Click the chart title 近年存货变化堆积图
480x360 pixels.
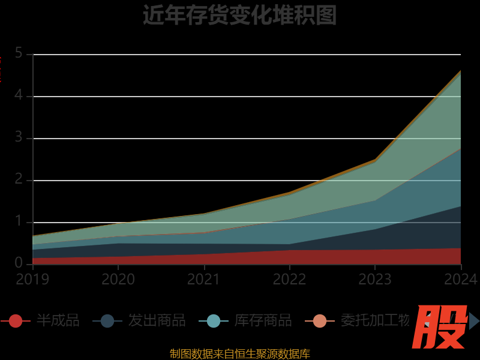coord(239,15)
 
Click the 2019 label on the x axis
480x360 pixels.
coord(32,279)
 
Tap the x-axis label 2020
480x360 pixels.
coord(118,279)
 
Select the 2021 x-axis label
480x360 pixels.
coord(204,279)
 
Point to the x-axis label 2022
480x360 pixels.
coord(289,279)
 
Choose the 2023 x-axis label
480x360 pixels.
coord(375,279)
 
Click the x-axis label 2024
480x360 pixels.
coord(460,279)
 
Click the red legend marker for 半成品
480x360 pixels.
coord(16,321)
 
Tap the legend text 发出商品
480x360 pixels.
coord(157,321)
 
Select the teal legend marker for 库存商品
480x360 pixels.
coord(214,321)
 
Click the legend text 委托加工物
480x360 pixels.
coord(374,321)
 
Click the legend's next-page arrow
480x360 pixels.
coord(473,321)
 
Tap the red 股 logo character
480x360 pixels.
coord(442,327)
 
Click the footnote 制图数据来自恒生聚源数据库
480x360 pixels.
coord(239,353)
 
